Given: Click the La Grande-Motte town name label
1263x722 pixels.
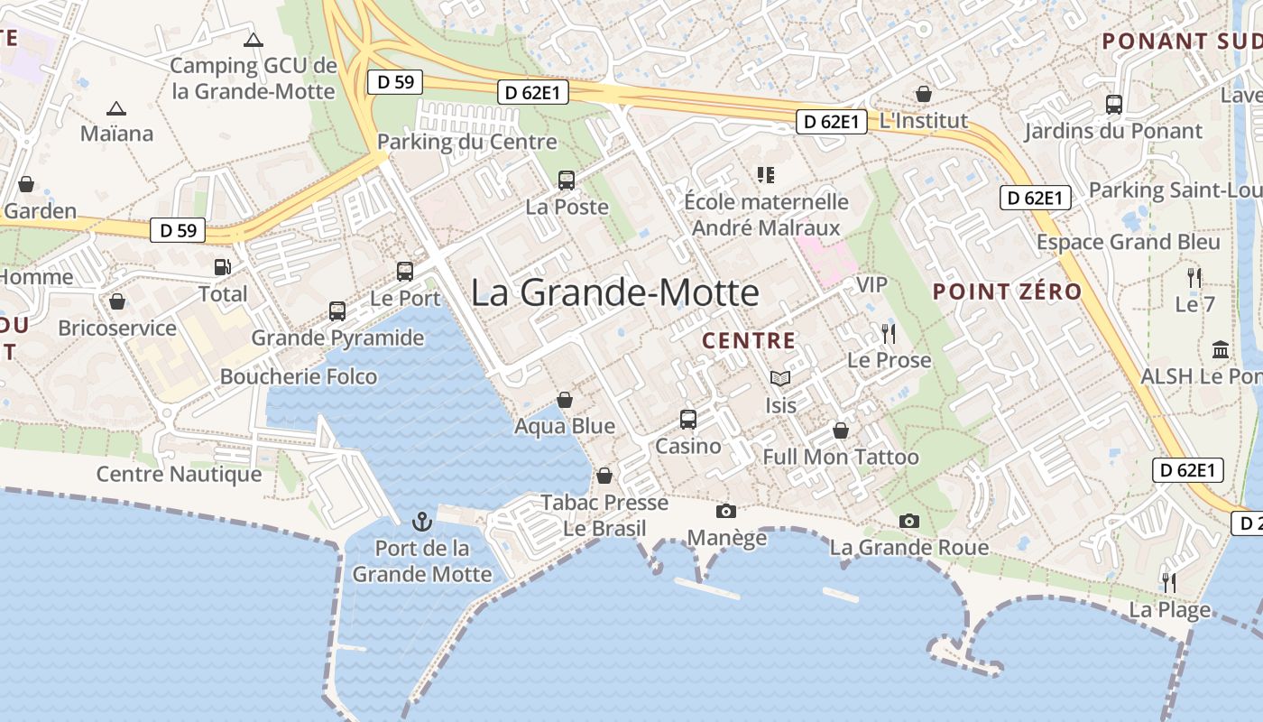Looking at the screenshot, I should tap(614, 292).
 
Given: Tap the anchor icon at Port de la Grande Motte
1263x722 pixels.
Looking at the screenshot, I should tap(421, 522).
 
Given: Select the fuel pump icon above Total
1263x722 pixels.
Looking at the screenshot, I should tap(222, 267).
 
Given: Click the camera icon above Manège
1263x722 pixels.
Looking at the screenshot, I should tap(725, 512).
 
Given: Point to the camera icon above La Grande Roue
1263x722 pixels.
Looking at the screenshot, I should tap(908, 521).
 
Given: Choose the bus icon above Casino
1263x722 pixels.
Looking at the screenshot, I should tap(688, 419).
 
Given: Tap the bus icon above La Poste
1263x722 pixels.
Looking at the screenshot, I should tap(567, 180).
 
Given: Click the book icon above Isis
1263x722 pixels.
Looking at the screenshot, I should tap(780, 379).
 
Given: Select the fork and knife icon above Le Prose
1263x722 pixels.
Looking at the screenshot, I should tap(889, 334).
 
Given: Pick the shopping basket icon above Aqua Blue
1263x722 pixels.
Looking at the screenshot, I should tap(565, 400).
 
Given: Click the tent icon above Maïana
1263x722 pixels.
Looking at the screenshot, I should tap(115, 109).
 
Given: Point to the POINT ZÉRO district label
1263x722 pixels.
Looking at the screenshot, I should tap(1007, 292).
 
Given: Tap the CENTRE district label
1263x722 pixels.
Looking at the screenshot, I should tap(749, 341).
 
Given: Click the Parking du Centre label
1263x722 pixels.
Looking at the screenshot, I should tap(466, 142).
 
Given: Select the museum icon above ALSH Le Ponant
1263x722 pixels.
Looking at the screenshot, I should tap(1221, 349).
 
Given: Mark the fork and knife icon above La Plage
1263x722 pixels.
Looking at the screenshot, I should tap(1169, 583).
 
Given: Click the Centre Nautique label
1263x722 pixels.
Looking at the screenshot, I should tap(179, 474).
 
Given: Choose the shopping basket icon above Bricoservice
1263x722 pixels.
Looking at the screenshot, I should tap(116, 301).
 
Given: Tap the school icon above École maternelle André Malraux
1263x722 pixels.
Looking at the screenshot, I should tap(766, 175).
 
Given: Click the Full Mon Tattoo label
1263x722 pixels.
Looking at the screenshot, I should tap(841, 458).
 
